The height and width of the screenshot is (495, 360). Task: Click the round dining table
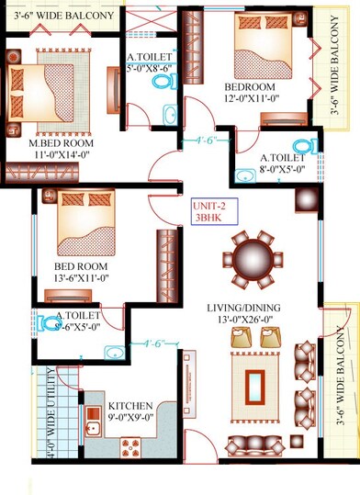click(252, 258)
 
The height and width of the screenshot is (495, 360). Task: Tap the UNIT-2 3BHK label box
click(211, 212)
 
